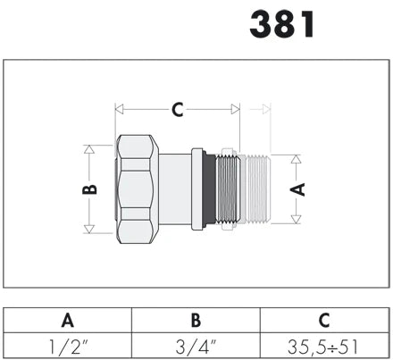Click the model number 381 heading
coord(282,24)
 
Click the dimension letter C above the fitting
coord(178,109)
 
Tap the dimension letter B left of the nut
coord(89,189)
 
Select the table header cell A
coord(68,321)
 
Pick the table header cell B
coord(196,321)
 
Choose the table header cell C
coord(324,321)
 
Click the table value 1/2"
coord(68,347)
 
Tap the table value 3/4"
coord(196,347)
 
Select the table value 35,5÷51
coord(322,347)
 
